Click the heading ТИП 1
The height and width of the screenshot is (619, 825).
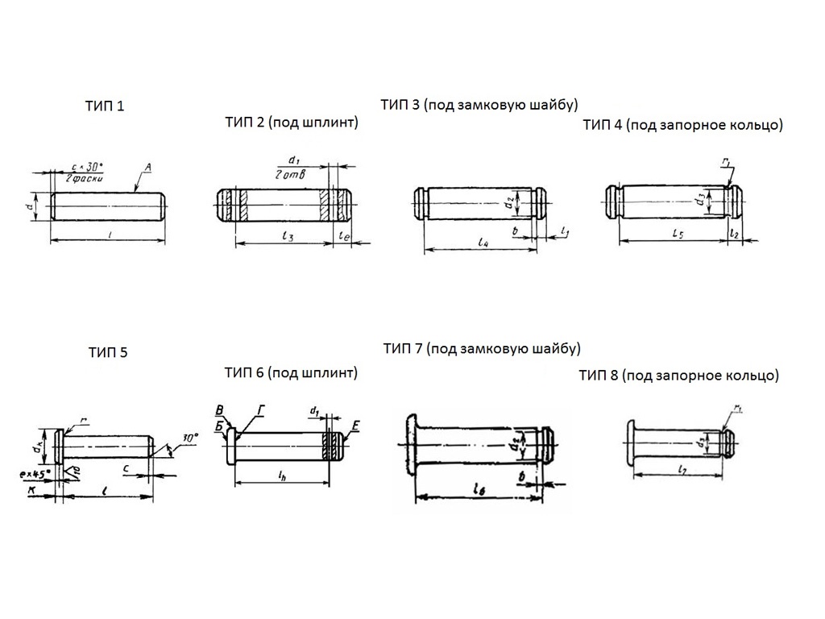[x=105, y=106]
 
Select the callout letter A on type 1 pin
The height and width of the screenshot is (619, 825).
[x=147, y=168]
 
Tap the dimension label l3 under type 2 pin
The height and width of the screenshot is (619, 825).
[x=288, y=236]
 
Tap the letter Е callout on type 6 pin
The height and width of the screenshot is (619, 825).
[x=355, y=422]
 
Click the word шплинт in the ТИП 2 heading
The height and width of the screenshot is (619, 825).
[x=327, y=123]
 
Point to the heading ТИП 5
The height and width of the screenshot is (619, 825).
[x=108, y=352]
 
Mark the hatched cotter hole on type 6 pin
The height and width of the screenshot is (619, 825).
[x=330, y=447]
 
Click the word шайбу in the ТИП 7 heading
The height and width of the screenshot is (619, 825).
[x=557, y=348]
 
